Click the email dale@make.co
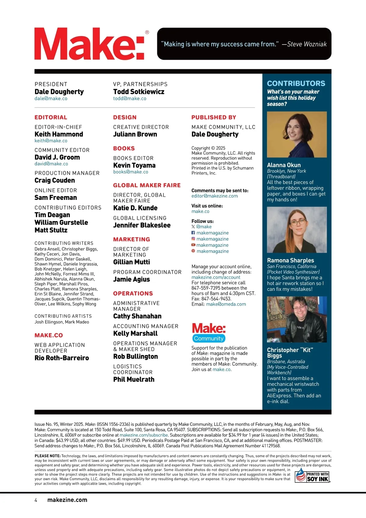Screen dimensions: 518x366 tap(51, 99)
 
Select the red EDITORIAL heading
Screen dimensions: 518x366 tap(51, 117)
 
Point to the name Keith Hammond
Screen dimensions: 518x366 tap(59, 134)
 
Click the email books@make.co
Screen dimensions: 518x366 tap(131, 172)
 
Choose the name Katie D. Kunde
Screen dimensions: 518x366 tap(135, 208)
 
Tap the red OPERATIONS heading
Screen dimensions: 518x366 tap(133, 293)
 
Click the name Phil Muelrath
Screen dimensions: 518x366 tap(134, 380)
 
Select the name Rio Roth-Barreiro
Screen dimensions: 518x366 tap(62, 358)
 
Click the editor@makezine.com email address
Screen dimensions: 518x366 tap(214, 196)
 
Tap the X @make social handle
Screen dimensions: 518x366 tap(202, 227)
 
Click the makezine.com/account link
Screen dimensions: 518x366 tap(216, 277)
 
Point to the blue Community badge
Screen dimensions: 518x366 tap(209, 338)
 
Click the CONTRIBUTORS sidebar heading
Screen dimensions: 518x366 tap(296, 84)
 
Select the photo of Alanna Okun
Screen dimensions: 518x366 tap(297, 135)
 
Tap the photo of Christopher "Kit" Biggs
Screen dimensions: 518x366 tap(297, 319)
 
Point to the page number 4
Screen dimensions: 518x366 tap(36, 500)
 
